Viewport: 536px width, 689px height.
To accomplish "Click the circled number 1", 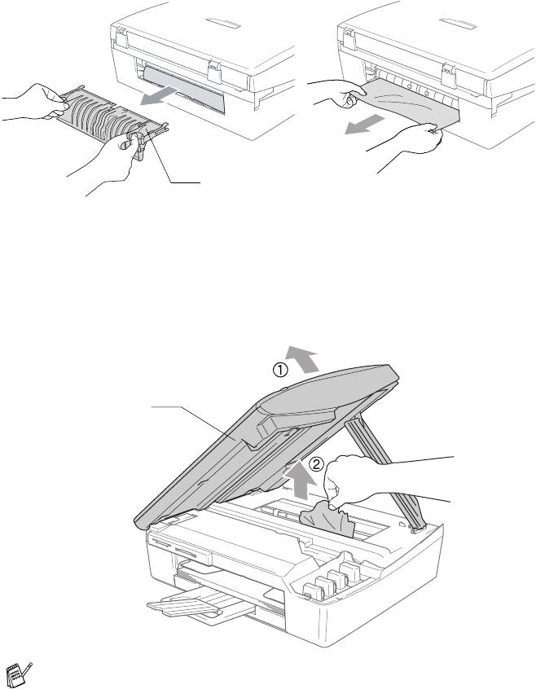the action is coord(281,371).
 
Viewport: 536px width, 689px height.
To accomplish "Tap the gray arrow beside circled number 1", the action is coord(302,358).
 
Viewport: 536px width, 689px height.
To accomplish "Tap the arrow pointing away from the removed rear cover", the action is coord(159,96).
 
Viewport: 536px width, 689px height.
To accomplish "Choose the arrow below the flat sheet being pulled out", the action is coord(364,124).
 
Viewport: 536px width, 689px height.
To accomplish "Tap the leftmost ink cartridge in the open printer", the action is coord(314,591).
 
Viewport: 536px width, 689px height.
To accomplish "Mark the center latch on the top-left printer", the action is coord(214,71).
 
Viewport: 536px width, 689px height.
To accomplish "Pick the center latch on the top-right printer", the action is coord(449,76).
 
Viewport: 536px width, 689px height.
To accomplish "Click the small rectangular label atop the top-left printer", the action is coord(222,24).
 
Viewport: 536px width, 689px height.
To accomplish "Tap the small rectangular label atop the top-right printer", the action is coord(458,24).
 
